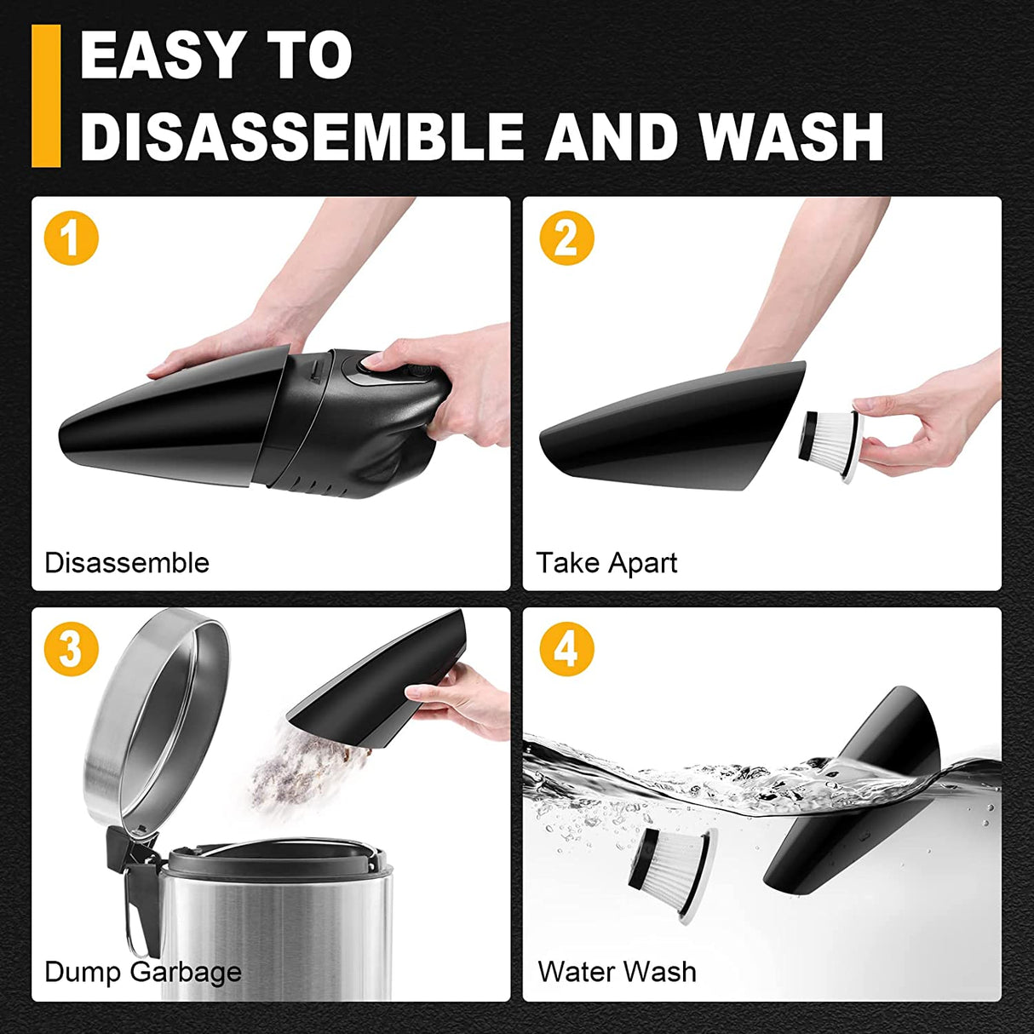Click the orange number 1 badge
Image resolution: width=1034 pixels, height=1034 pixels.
[x=72, y=238]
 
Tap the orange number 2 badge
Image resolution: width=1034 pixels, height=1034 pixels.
[x=566, y=238]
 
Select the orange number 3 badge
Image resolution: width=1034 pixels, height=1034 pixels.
[x=72, y=649]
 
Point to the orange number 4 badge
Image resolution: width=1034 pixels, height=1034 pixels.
[x=566, y=649]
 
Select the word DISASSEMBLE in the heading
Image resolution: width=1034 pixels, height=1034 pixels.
[x=302, y=136]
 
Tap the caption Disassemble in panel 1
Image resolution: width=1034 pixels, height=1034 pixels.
[x=127, y=563]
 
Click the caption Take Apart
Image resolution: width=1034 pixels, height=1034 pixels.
[x=606, y=563]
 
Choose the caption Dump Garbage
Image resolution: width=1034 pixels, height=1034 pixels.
[x=143, y=972]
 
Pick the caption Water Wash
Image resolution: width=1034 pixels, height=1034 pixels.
[x=617, y=972]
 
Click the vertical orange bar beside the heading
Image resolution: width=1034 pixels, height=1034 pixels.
[x=46, y=95]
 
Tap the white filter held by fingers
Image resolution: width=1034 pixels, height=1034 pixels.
[x=831, y=445]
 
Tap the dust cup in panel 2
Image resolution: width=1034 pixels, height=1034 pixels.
[x=673, y=426]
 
